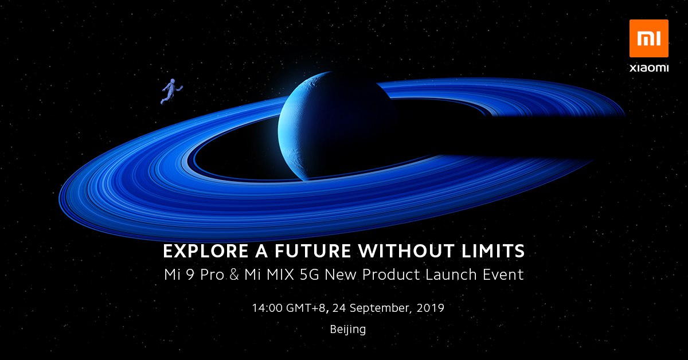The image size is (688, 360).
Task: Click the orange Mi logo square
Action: click(648, 38)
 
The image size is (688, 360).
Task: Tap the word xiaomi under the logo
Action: click(648, 68)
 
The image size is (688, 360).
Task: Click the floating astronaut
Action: click(171, 91)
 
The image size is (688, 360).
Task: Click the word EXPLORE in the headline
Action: click(206, 251)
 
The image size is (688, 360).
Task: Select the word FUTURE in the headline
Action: click(312, 251)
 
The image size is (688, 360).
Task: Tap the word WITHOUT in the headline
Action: click(406, 251)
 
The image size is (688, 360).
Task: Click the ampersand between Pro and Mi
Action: click(234, 275)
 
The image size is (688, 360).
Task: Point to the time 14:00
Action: click(267, 308)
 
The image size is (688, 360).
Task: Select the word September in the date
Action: click(380, 308)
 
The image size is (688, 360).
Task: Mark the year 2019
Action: click(431, 308)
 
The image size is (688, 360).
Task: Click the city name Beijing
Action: click(348, 330)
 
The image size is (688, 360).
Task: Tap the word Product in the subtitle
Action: click(391, 275)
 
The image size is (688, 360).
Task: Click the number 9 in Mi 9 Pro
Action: click(190, 275)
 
